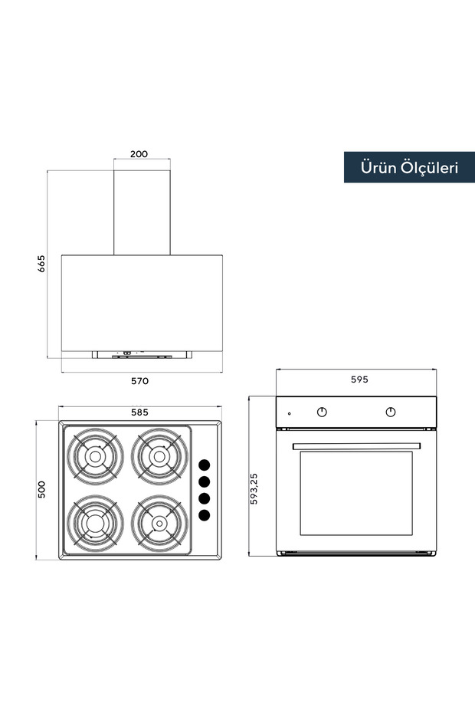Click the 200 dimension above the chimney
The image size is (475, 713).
139,153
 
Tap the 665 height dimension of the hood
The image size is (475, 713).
41,264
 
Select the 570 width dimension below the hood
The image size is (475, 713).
139,381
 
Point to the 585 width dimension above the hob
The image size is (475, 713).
139,412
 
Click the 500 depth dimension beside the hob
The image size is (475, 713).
41,490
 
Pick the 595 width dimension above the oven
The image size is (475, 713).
359,379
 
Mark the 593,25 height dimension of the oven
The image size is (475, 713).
254,488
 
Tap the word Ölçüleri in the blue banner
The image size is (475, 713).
430,167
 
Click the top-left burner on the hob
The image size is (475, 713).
95,456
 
